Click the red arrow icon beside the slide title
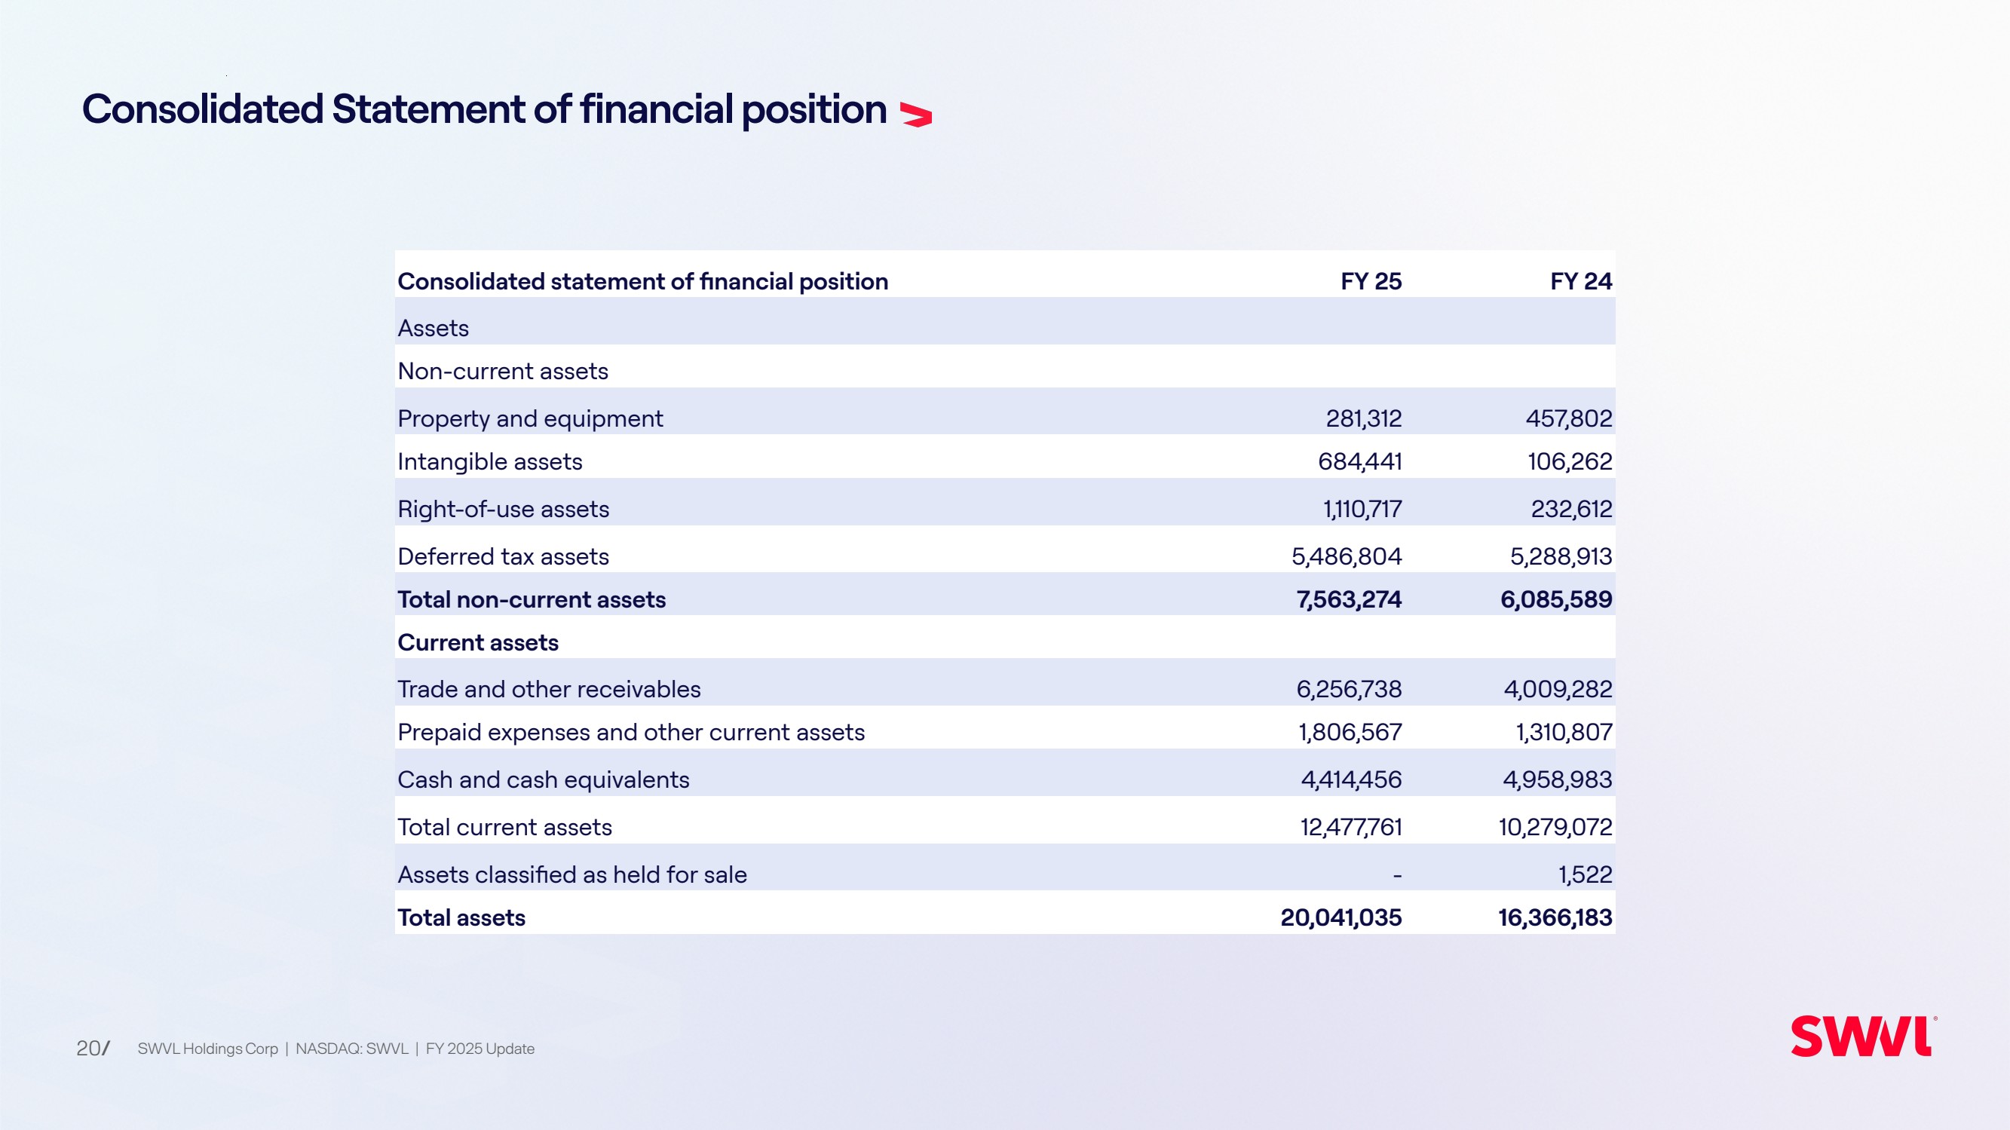click(916, 115)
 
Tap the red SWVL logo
click(1863, 1037)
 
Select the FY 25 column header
click(1371, 281)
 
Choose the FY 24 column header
click(1581, 281)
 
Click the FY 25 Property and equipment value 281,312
click(1364, 419)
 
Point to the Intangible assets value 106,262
click(1570, 462)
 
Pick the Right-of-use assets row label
click(504, 509)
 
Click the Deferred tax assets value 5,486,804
click(1347, 556)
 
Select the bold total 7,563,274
click(1349, 599)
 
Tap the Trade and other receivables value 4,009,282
click(1558, 689)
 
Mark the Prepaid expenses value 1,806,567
click(1350, 732)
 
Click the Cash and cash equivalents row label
click(544, 779)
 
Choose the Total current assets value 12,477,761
click(1350, 827)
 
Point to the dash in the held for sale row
click(1397, 877)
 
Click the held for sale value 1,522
click(1586, 874)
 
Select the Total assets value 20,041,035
click(1341, 917)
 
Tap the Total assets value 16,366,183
click(1555, 917)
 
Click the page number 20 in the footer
click(89, 1048)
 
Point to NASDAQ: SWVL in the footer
click(352, 1049)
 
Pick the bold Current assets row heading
click(478, 642)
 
